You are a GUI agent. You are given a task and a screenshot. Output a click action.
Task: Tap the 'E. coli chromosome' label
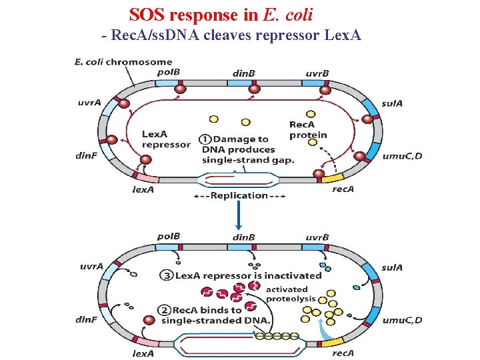pyautogui.click(x=123, y=63)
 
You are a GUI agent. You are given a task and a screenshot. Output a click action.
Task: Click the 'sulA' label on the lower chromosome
pyautogui.click(x=392, y=267)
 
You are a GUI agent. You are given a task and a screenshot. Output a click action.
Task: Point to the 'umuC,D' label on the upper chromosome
pyautogui.click(x=402, y=155)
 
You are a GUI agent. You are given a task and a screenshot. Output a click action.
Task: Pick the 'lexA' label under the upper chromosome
pyautogui.click(x=143, y=189)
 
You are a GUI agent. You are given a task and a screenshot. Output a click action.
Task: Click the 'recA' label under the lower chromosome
pyautogui.click(x=343, y=353)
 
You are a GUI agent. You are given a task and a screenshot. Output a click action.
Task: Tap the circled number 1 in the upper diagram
pyautogui.click(x=205, y=139)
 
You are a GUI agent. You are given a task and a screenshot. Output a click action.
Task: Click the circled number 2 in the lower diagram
pyautogui.click(x=164, y=310)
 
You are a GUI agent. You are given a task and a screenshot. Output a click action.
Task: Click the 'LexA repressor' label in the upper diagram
pyautogui.click(x=165, y=139)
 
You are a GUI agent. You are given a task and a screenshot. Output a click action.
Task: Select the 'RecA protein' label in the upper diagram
pyautogui.click(x=308, y=129)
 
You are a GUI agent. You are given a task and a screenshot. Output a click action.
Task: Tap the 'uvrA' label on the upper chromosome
pyautogui.click(x=90, y=103)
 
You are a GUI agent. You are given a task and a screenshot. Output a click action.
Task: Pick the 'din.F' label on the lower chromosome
pyautogui.click(x=87, y=319)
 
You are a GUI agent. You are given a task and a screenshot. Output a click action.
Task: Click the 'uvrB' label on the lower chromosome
pyautogui.click(x=317, y=237)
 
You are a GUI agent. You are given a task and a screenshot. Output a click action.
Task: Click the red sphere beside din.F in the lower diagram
pyautogui.click(x=150, y=320)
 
